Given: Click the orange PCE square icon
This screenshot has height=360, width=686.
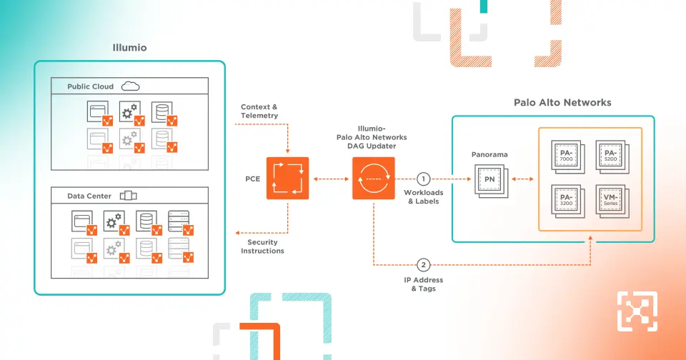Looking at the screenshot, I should tap(287, 178).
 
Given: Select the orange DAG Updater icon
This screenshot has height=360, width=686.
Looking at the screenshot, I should tap(373, 178).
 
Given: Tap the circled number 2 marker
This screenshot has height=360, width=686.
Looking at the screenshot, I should tap(423, 264).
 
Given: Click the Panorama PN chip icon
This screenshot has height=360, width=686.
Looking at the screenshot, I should tap(490, 178).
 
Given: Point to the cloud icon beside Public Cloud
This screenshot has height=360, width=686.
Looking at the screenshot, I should tap(130, 86).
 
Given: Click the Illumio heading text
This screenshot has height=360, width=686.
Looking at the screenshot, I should tap(129, 49).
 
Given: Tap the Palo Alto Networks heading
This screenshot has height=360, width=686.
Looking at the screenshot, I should tap(562, 102).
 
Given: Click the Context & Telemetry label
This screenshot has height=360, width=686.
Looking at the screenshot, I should tap(259, 111).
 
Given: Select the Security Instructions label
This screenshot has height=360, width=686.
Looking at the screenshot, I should tap(262, 246).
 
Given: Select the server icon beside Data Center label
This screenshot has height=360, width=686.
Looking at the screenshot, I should tap(128, 196).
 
